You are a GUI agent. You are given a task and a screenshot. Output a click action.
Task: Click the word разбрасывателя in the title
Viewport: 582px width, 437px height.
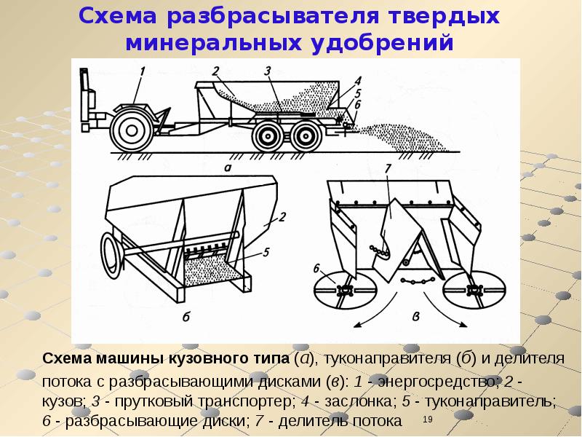(x=273, y=17)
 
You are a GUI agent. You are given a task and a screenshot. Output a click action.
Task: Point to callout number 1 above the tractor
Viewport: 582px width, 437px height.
(x=142, y=71)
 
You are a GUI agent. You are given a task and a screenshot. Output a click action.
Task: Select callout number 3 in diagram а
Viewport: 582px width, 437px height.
(x=268, y=71)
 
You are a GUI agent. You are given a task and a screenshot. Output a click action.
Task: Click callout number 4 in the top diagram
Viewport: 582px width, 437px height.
(x=358, y=81)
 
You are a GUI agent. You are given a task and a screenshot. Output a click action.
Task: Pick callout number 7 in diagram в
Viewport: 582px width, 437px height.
(x=388, y=168)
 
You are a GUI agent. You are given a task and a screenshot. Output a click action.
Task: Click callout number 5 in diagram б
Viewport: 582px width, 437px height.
(x=266, y=252)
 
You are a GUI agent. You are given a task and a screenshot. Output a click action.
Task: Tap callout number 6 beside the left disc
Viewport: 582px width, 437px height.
(x=316, y=268)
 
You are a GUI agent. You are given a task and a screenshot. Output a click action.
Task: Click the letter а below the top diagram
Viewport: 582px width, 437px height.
(x=228, y=168)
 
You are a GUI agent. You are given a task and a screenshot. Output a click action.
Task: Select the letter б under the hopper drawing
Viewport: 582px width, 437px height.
(x=186, y=317)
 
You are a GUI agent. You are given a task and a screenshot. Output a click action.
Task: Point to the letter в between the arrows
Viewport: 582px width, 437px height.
(x=416, y=317)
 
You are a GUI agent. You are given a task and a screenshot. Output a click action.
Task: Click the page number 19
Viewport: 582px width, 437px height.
(x=428, y=420)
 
